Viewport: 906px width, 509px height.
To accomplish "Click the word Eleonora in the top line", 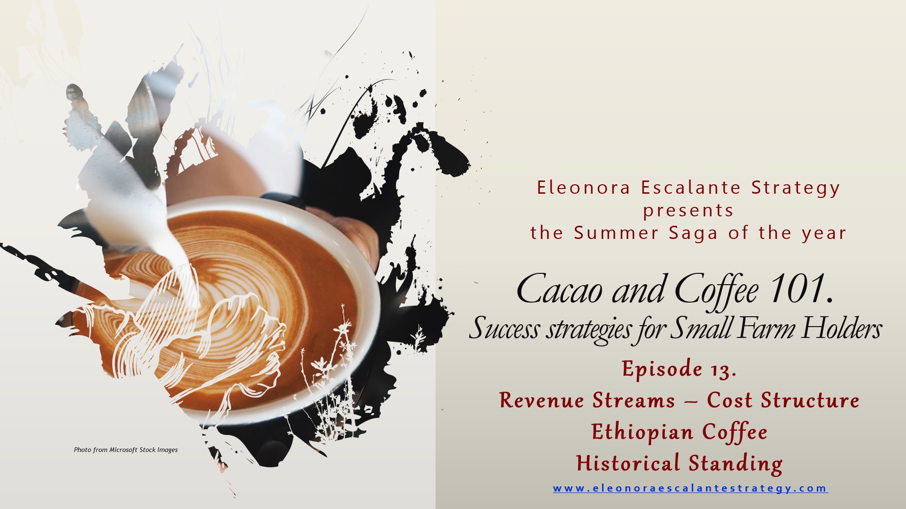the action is click(584, 188).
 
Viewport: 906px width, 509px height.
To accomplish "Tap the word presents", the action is click(688, 211).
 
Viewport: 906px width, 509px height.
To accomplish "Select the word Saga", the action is click(693, 233).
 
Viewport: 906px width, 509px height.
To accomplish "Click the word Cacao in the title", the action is click(560, 289).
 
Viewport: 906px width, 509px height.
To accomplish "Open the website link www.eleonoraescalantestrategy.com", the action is click(690, 488).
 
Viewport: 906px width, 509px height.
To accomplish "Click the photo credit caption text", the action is click(126, 450).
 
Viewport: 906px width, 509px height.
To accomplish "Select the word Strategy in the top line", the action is click(796, 188).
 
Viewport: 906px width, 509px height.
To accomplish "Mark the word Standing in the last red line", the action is click(736, 464).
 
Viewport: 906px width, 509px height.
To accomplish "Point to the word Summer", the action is click(616, 233).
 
